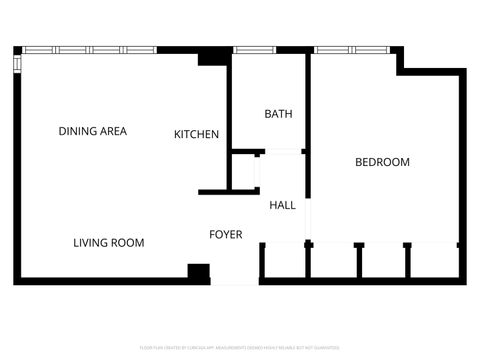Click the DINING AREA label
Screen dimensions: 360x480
pyautogui.click(x=92, y=131)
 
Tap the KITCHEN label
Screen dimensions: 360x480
pyautogui.click(x=196, y=134)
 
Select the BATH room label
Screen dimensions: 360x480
pyautogui.click(x=278, y=114)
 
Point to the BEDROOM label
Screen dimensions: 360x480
pyautogui.click(x=382, y=162)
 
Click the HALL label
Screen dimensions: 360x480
pyautogui.click(x=282, y=205)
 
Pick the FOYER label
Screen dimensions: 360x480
pyautogui.click(x=225, y=235)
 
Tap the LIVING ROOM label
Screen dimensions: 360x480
pyautogui.click(x=109, y=243)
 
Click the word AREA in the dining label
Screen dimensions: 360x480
pyautogui.click(x=111, y=131)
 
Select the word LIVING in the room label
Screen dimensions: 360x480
pyautogui.click(x=91, y=243)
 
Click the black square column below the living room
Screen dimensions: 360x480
pyautogui.click(x=199, y=273)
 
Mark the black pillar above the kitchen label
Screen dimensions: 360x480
pyautogui.click(x=212, y=58)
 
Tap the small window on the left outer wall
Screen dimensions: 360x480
pyautogui.click(x=16, y=63)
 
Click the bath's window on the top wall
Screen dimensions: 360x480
pyautogui.click(x=254, y=49)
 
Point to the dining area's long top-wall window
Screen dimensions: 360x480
pyautogui.click(x=89, y=49)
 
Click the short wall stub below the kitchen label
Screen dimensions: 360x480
pyautogui.click(x=214, y=191)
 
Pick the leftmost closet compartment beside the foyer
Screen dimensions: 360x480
pyautogui.click(x=284, y=261)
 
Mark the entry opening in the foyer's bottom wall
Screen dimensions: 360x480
pyautogui.click(x=235, y=282)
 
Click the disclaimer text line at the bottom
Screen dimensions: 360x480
pyautogui.click(x=240, y=347)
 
